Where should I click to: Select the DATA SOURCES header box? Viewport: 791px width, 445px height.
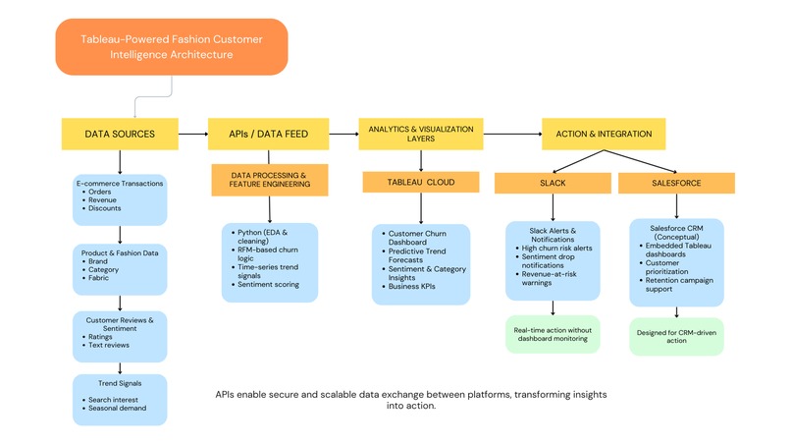click(x=119, y=133)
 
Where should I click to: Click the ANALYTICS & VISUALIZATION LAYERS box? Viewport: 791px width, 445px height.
click(x=420, y=133)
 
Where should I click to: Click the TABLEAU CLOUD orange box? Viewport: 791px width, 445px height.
click(x=421, y=181)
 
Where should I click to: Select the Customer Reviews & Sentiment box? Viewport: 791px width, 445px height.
click(x=119, y=333)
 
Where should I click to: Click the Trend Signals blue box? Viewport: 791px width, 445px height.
click(x=119, y=399)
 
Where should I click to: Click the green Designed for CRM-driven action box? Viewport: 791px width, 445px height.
click(x=675, y=336)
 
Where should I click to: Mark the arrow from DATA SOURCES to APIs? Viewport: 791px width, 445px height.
click(x=194, y=133)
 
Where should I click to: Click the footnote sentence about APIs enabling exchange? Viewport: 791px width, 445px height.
click(x=410, y=399)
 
